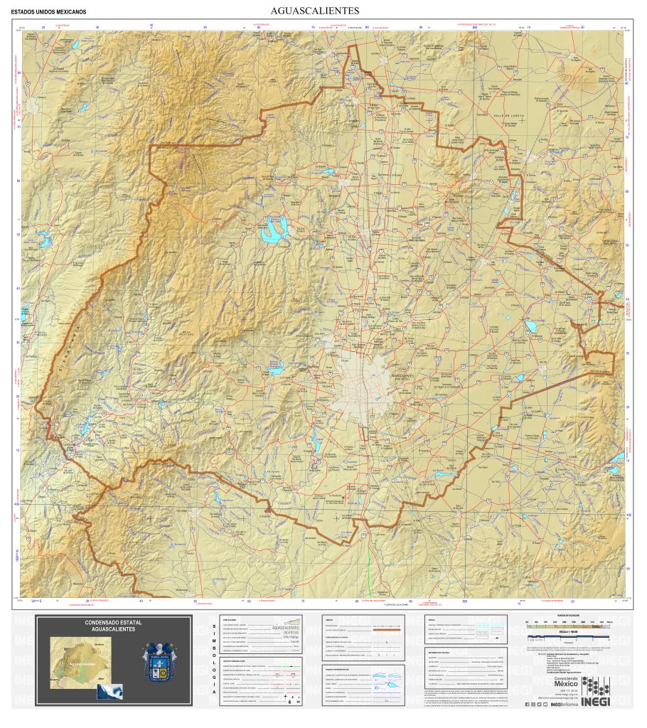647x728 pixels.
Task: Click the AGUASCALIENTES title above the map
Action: click(x=315, y=11)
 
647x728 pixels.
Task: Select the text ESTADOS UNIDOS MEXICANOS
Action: click(x=49, y=12)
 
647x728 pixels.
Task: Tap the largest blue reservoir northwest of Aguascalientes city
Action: click(x=274, y=229)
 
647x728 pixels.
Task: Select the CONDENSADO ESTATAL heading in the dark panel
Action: click(x=113, y=626)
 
